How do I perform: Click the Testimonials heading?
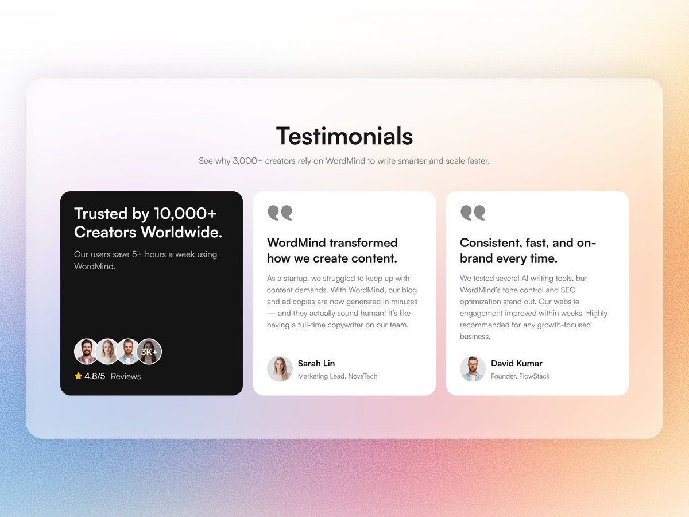pos(344,136)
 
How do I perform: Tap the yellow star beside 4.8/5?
pos(78,376)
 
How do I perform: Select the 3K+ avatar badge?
pos(149,352)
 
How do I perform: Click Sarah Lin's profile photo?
pos(280,369)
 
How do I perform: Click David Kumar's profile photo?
pos(473,369)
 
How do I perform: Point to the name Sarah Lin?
pos(316,364)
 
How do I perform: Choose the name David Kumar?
pos(516,364)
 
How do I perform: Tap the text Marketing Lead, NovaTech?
pos(337,376)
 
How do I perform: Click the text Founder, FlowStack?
pos(520,376)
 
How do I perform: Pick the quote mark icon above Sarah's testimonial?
pos(280,213)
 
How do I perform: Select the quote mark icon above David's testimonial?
pos(473,213)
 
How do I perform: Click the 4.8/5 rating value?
pos(95,376)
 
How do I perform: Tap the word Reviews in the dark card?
pos(125,376)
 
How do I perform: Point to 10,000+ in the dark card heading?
pos(185,214)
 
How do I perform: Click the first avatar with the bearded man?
pos(87,352)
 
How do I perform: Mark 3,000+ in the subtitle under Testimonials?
pos(247,161)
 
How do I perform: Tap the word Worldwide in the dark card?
pos(181,232)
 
